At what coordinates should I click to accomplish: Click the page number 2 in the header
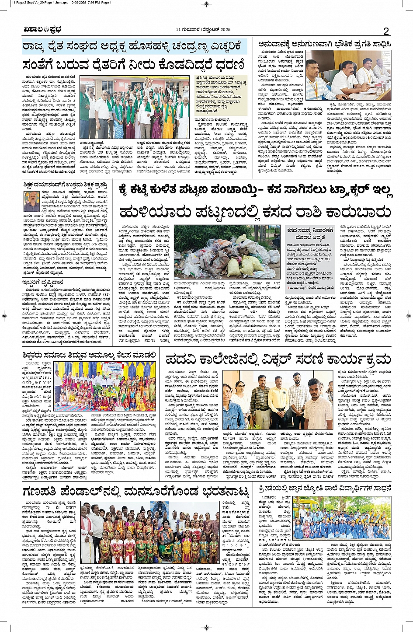(x=386, y=31)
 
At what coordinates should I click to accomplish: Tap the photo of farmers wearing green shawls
(x=135, y=108)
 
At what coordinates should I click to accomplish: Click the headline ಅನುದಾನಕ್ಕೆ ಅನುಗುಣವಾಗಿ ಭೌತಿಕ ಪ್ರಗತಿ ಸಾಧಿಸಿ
(x=324, y=44)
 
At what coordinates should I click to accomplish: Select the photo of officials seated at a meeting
(x=348, y=75)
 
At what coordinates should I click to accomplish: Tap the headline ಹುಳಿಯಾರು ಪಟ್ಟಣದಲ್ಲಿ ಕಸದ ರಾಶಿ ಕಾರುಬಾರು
(x=255, y=213)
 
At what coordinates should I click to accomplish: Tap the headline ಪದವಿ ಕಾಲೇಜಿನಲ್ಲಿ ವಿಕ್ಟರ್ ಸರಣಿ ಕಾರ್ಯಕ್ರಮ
(x=278, y=360)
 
